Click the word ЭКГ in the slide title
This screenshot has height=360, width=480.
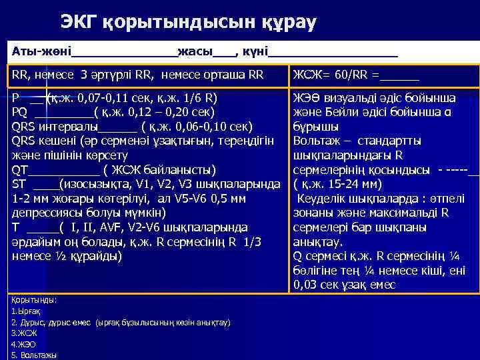pos(80,23)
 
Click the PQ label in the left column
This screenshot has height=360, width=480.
pos(19,111)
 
